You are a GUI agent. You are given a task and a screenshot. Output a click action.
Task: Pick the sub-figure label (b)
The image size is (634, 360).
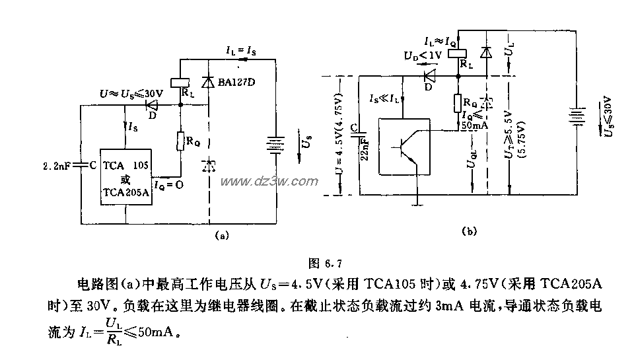point(470,231)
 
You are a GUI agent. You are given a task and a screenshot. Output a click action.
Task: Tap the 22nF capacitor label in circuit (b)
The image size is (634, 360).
point(366,148)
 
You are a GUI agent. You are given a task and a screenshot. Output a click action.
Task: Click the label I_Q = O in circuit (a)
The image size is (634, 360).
point(168,186)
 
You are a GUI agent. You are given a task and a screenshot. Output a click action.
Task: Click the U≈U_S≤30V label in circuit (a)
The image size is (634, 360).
point(129,94)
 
